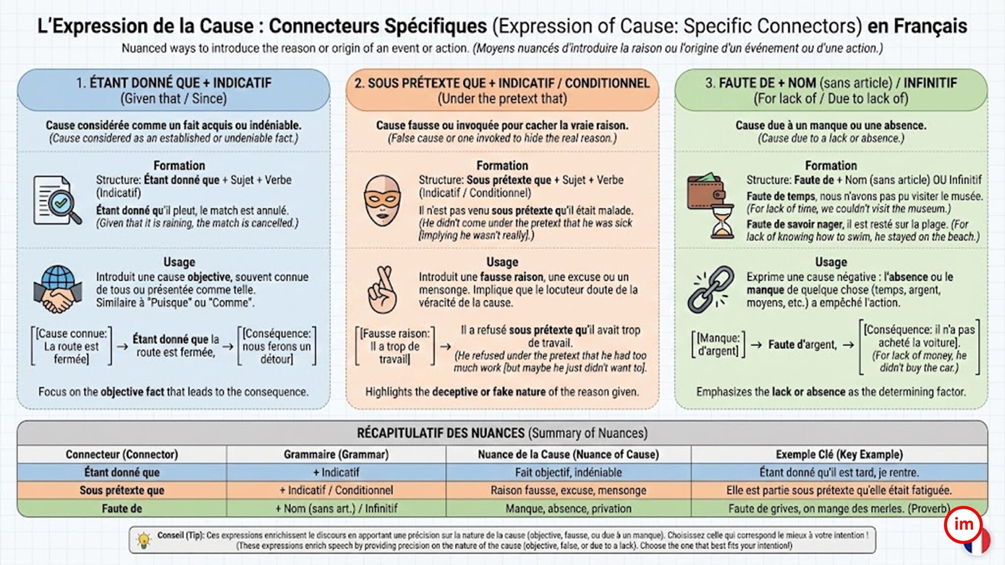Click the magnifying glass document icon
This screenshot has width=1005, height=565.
57,200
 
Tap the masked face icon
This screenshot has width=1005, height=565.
382,201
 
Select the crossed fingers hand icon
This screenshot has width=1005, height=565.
382,289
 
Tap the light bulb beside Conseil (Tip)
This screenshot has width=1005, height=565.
144,540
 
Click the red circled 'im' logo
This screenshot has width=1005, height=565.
963,524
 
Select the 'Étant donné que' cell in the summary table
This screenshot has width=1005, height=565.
122,472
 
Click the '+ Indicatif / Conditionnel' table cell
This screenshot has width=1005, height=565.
336,490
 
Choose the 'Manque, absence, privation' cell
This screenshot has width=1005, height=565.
568,509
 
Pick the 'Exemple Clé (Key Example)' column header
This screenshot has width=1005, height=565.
839,454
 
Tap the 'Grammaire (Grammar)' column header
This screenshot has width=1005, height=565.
336,454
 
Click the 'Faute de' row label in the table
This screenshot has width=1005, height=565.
122,509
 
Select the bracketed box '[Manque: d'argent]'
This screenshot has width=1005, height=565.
718,344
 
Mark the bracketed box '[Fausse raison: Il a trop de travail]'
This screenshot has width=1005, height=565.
395,346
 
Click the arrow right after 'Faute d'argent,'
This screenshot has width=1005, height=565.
848,345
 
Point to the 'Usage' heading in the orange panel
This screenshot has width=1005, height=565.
502,262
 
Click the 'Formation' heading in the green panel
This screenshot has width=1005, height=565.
831,166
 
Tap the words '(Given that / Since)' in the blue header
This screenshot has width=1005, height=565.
174,98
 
